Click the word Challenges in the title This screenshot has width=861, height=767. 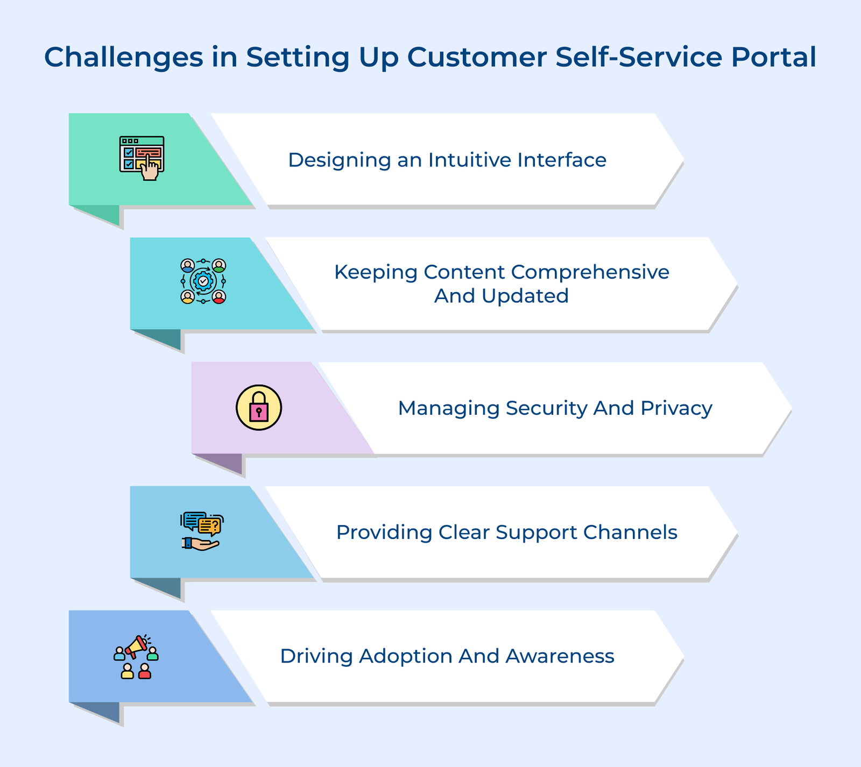point(124,57)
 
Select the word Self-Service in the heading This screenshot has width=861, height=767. point(639,57)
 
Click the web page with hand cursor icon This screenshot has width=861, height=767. point(142,158)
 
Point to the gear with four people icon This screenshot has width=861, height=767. point(203,281)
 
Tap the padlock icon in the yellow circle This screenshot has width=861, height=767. point(259,408)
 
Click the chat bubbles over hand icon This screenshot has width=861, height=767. point(202,531)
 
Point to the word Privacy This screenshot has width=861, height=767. point(676,408)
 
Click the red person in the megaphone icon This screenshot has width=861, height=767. point(145,671)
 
